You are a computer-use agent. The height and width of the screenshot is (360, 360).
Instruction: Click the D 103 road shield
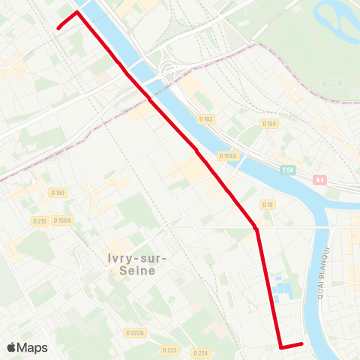pos(206,119)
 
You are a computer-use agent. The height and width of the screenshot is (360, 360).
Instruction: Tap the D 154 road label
pos(270,123)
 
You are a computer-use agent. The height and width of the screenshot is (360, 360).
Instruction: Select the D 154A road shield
pos(228,156)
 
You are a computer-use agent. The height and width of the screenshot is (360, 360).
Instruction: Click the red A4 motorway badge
pos(321,179)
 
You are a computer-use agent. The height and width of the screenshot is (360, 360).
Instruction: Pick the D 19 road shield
pos(267,205)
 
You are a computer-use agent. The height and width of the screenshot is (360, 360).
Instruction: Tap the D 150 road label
pos(58,193)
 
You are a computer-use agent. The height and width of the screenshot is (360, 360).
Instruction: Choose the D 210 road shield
pos(40,220)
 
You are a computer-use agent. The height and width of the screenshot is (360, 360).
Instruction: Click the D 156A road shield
pos(62,220)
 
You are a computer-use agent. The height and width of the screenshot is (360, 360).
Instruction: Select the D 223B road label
pos(135,332)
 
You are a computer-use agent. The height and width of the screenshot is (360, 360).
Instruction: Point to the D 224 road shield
pos(200,352)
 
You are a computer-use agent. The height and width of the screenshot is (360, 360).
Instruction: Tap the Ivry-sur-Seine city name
pos(137,265)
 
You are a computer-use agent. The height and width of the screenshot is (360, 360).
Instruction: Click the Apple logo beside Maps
pos(12,347)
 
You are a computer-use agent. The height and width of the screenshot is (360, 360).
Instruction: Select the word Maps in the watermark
pos(32,347)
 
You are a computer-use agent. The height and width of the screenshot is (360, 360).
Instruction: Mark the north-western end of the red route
pos(58,28)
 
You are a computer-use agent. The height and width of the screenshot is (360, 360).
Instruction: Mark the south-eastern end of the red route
pos(301,344)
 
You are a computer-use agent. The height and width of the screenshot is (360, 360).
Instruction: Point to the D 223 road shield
pos(169,349)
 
